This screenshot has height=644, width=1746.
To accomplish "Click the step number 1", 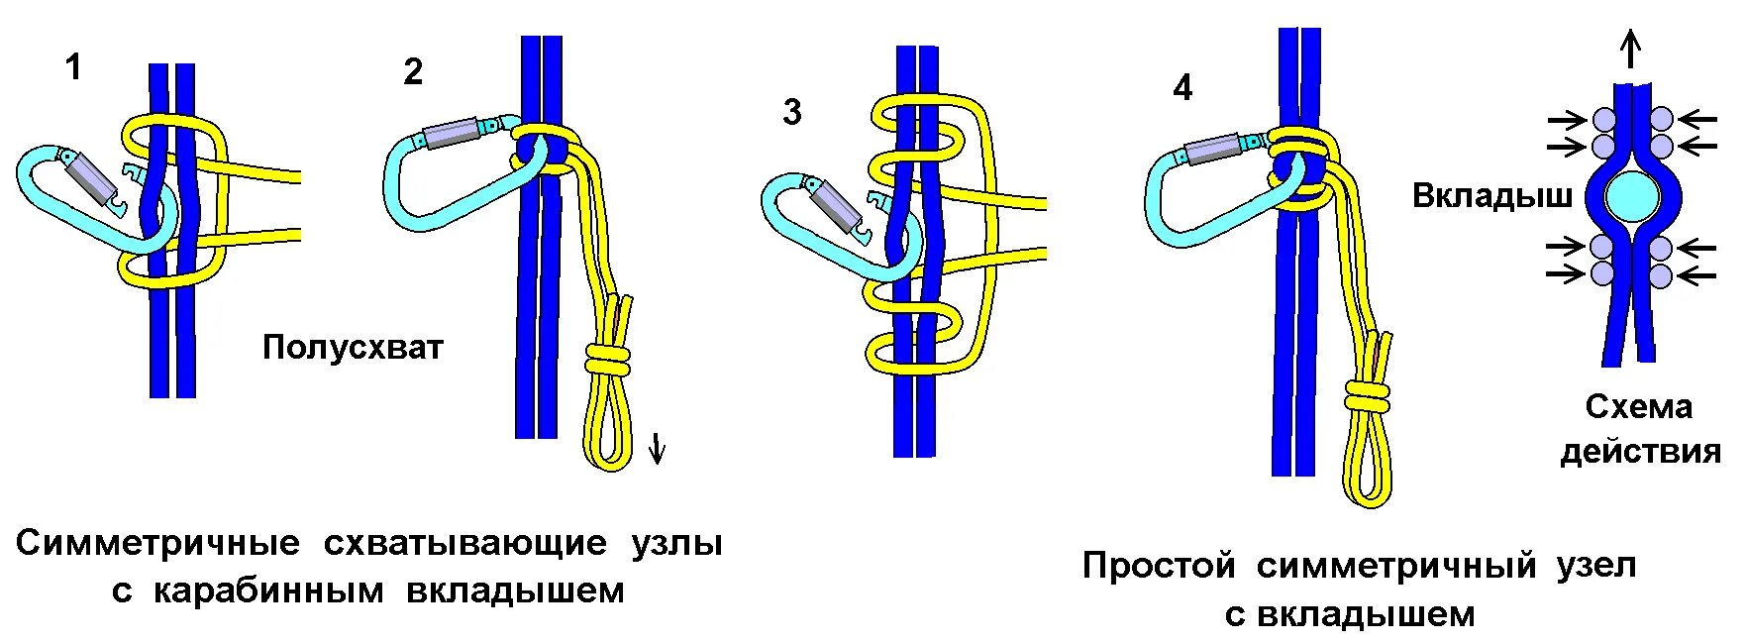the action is pyautogui.click(x=72, y=68).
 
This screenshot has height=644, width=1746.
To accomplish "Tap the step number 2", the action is pyautogui.click(x=413, y=71).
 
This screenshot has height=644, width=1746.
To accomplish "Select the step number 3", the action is pyautogui.click(x=791, y=112).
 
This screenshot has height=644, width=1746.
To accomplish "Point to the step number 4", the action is pyautogui.click(x=1182, y=88).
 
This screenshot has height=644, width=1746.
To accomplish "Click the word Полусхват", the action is pyautogui.click(x=353, y=348).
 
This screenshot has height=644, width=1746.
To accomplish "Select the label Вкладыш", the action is pyautogui.click(x=1491, y=195).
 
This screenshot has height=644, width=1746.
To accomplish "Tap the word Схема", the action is pyautogui.click(x=1639, y=406).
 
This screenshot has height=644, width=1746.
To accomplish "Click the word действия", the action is pyautogui.click(x=1640, y=452).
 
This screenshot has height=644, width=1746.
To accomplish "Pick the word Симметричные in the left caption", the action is pyautogui.click(x=158, y=543).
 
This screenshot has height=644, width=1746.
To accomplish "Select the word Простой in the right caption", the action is pyautogui.click(x=1159, y=566).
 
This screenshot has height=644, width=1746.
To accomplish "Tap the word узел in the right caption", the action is pyautogui.click(x=1595, y=566).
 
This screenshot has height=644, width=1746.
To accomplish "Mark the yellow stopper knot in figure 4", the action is pyautogui.click(x=1368, y=398).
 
